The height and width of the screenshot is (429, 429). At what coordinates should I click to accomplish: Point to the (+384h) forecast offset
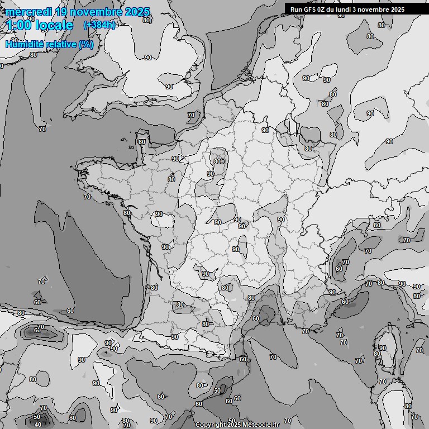[99, 25]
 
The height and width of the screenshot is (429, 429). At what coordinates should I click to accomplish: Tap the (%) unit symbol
[86, 45]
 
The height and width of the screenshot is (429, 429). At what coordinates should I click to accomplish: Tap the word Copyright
[211, 425]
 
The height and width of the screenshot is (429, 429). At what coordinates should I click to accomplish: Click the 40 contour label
[38, 425]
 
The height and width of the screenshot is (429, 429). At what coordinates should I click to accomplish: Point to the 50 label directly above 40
[37, 417]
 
